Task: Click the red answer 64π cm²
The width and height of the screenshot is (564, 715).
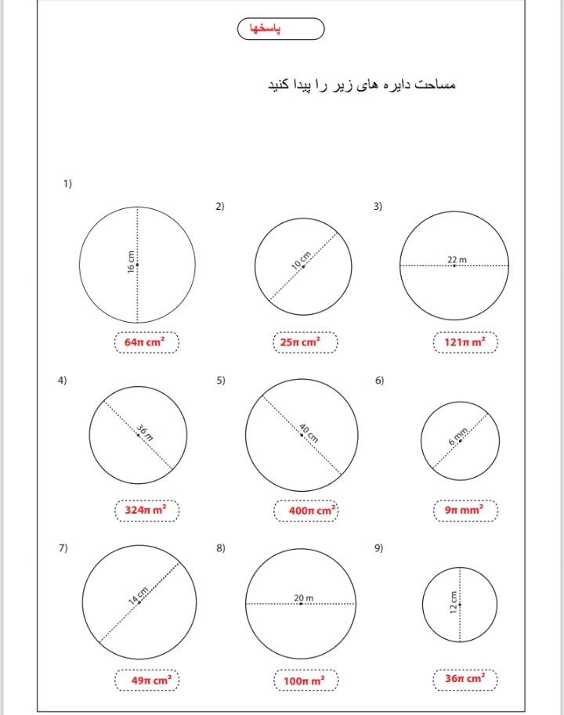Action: [x=146, y=342]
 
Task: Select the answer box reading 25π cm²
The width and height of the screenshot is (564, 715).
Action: [x=305, y=342]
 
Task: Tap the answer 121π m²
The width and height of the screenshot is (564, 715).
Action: [x=465, y=342]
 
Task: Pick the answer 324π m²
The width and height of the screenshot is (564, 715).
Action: [x=146, y=511]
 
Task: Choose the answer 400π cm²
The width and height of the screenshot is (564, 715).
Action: [x=306, y=511]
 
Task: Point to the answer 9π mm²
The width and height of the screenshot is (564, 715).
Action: [x=465, y=511]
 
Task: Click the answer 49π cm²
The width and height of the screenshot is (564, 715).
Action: [x=146, y=681]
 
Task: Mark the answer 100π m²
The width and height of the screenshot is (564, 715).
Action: [x=306, y=681]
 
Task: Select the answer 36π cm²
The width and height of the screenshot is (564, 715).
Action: [x=465, y=679]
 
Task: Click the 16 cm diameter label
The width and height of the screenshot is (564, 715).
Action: [x=132, y=262]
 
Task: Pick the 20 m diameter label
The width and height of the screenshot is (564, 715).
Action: [x=304, y=598]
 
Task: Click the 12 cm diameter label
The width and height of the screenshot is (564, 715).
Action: [x=454, y=604]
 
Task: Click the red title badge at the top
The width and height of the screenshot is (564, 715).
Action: [x=280, y=29]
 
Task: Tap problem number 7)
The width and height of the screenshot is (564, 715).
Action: [x=63, y=548]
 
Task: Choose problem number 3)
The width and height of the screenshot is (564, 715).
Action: [x=378, y=207]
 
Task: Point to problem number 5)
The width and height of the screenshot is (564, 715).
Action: [x=221, y=381]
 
